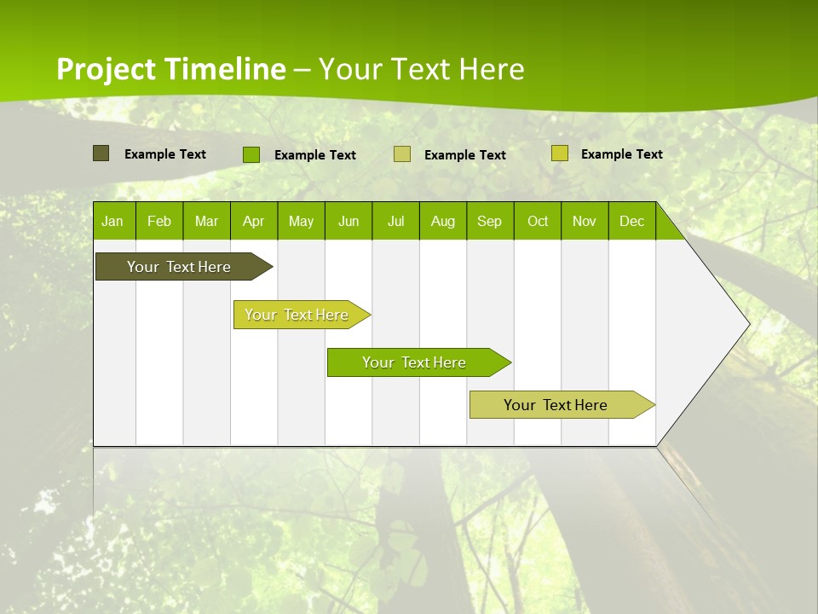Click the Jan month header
tap(113, 221)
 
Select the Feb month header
tap(159, 221)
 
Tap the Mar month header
tap(206, 221)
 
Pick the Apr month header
tap(254, 221)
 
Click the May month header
tap(301, 221)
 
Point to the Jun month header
tap(349, 221)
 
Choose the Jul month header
tap(395, 221)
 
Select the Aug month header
tap(443, 221)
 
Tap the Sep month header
tap(490, 221)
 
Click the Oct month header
tap(538, 221)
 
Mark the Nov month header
tap(585, 221)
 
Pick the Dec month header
tap(631, 221)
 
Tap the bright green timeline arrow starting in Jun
tap(415, 362)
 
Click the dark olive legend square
tap(101, 153)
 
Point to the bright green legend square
tap(251, 154)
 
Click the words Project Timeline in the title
tap(171, 69)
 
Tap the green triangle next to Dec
tap(666, 228)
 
